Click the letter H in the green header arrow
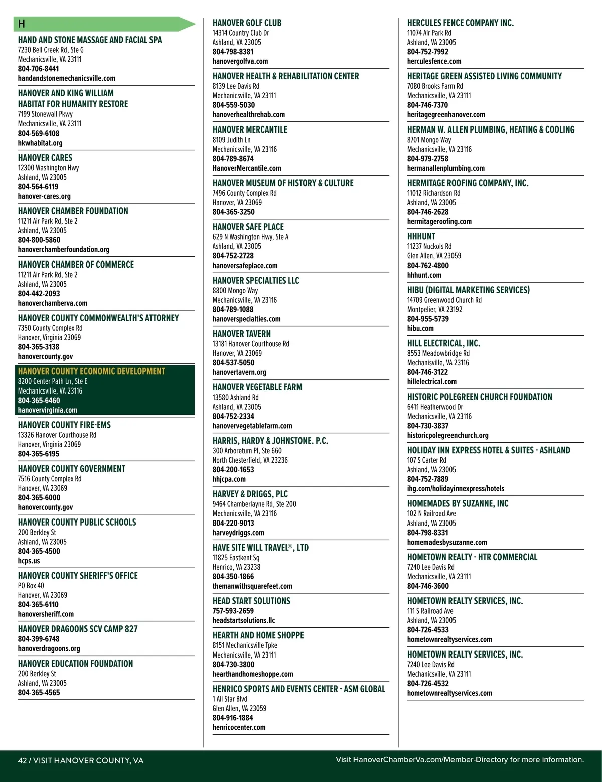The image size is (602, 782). point(22,24)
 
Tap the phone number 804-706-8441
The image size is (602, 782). point(38,69)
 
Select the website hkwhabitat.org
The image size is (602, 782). point(40,143)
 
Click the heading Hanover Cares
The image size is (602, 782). point(45,158)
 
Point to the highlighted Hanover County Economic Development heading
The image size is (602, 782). point(91,371)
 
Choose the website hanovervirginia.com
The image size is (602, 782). point(48,410)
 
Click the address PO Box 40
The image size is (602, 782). point(31,585)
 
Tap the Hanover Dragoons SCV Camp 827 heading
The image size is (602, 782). point(78,629)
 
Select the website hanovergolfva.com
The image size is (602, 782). point(240,61)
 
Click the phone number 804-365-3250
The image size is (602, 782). point(233,212)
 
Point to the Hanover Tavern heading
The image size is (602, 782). point(242,334)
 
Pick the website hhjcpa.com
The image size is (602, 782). point(229,479)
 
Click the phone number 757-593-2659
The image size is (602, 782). point(233,611)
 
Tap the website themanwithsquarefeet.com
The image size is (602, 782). point(252,586)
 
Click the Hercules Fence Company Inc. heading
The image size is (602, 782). point(461,23)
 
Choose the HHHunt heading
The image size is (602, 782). point(421,236)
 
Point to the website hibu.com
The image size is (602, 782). point(420,328)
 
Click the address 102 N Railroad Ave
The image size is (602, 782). point(431,513)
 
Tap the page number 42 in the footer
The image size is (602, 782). point(22,760)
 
